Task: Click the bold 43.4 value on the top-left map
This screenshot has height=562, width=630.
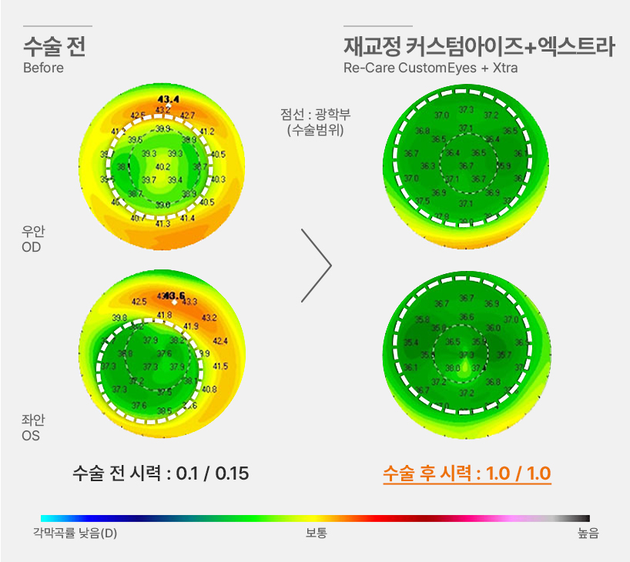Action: (x=167, y=99)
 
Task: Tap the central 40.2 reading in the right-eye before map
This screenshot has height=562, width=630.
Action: (x=163, y=166)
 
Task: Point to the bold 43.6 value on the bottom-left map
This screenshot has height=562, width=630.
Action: (x=175, y=296)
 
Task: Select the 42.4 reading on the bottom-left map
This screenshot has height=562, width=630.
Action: (x=219, y=341)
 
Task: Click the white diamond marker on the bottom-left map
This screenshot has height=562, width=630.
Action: (x=175, y=303)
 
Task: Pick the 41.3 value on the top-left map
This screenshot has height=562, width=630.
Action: (x=163, y=224)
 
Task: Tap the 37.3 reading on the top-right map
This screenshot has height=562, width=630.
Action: (x=465, y=111)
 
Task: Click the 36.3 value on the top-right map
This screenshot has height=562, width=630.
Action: (x=428, y=166)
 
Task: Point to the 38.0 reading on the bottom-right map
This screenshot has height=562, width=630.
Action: (x=452, y=368)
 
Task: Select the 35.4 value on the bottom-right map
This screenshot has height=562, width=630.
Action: (x=411, y=342)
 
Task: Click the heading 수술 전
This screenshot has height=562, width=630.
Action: (x=54, y=47)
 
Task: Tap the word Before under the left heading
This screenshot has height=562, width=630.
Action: (x=43, y=68)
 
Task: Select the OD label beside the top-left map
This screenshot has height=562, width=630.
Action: (x=32, y=248)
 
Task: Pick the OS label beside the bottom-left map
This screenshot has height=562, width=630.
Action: (x=31, y=436)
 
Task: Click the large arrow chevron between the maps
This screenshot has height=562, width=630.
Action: (x=317, y=266)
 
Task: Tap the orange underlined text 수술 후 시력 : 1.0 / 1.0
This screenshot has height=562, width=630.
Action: (x=467, y=473)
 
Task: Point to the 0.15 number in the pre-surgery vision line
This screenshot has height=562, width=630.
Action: (x=232, y=473)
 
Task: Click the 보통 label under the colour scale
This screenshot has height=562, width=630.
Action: (x=316, y=533)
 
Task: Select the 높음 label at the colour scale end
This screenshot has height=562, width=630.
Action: (x=588, y=533)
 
